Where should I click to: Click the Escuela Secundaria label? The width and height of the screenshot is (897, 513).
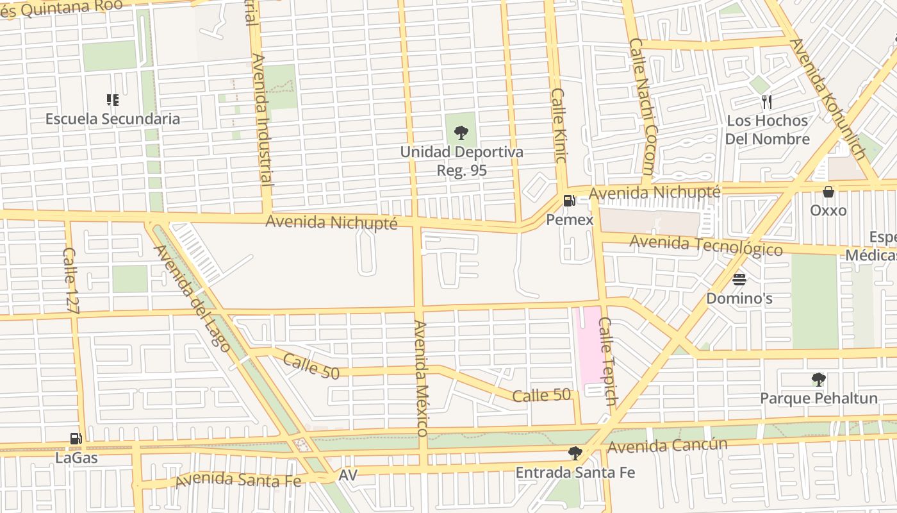113,119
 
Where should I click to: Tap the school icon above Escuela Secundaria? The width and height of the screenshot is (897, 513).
113,99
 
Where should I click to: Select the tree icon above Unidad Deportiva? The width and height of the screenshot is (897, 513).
461,133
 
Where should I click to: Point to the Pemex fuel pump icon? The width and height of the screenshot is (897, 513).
569,201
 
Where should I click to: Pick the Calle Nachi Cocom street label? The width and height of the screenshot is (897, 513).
641,106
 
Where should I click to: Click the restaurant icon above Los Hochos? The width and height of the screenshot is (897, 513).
766,101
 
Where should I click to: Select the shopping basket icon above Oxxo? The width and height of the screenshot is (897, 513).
828,192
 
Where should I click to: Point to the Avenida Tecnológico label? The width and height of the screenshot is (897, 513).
706,245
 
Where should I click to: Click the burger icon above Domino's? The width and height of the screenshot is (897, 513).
739,280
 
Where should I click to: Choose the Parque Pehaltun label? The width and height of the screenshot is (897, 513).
818,398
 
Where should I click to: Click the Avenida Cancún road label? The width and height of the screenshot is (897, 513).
668,446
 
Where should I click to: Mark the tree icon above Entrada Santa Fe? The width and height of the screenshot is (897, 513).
575,453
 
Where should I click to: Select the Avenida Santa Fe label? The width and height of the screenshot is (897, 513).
238,479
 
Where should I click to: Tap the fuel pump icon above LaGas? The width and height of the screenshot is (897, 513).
76,439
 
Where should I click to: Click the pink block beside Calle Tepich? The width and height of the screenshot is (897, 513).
589,349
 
